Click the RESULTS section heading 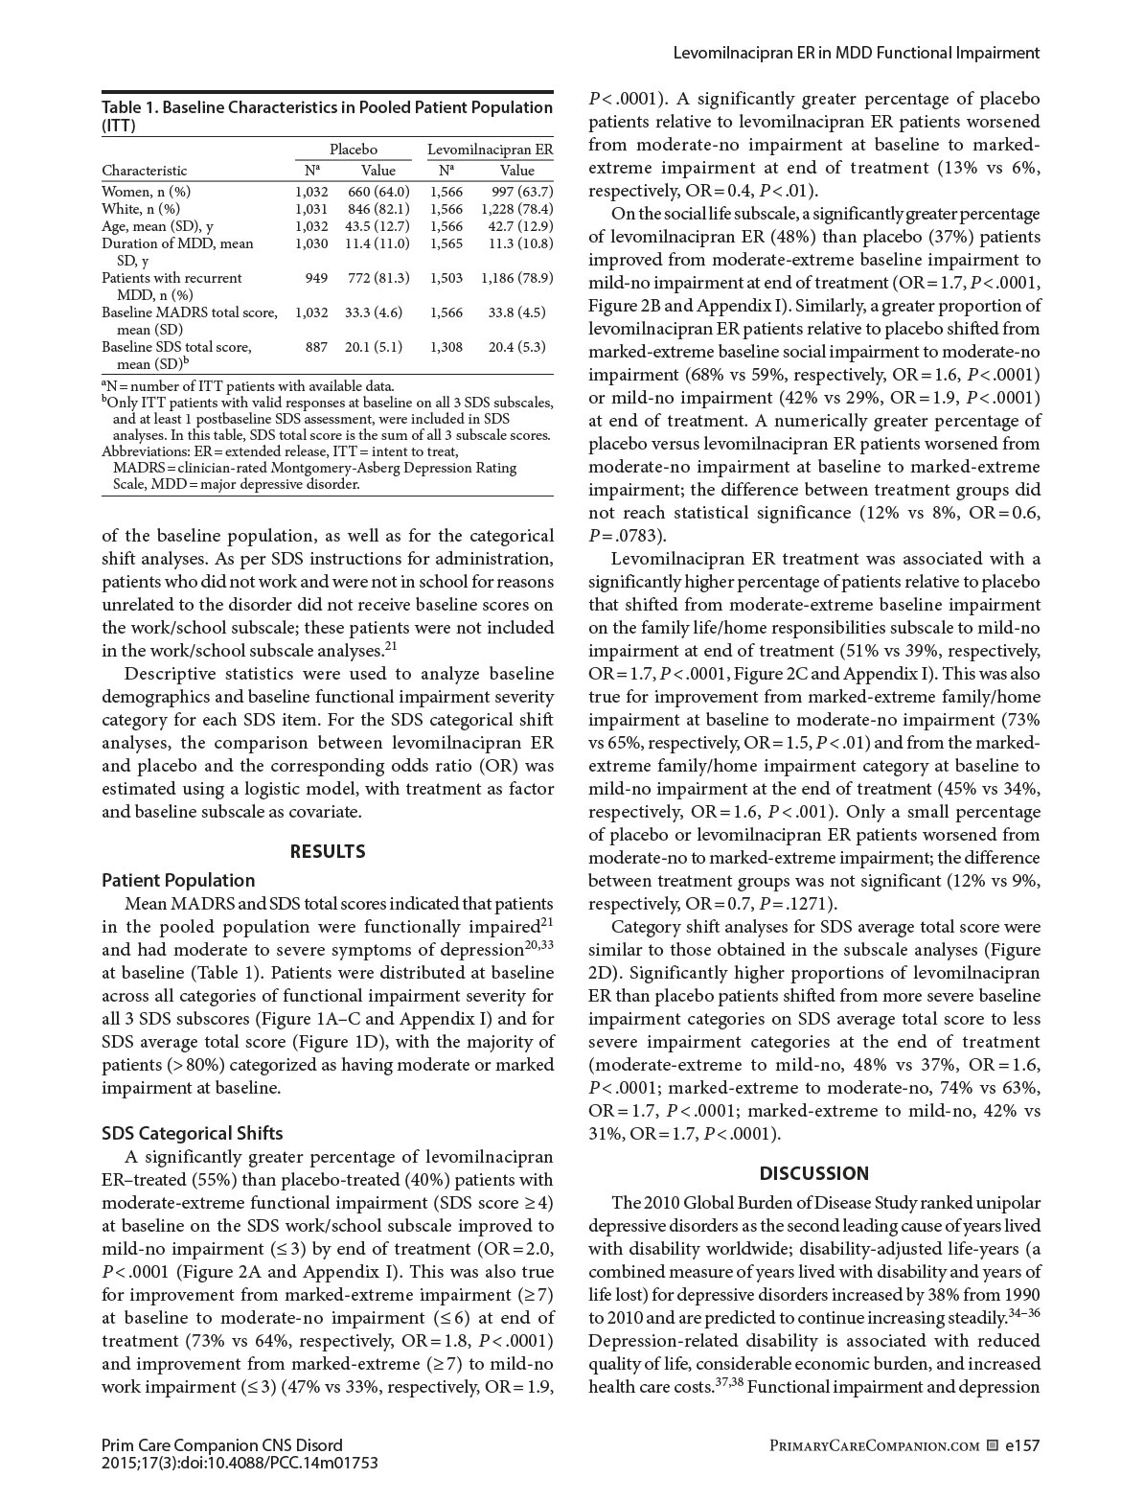[x=328, y=851]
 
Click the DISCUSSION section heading [x=814, y=1173]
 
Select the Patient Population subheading [x=178, y=880]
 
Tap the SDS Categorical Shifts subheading [x=193, y=1133]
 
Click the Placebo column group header [x=354, y=150]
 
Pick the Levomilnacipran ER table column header [x=490, y=150]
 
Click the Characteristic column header [x=145, y=171]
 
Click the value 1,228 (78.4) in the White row [x=516, y=209]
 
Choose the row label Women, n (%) [x=147, y=192]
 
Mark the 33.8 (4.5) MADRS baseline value [x=516, y=312]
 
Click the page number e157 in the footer [x=1022, y=1445]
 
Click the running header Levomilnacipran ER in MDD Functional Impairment [x=857, y=53]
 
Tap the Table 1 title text [x=327, y=115]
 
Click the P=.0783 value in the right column [x=627, y=536]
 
